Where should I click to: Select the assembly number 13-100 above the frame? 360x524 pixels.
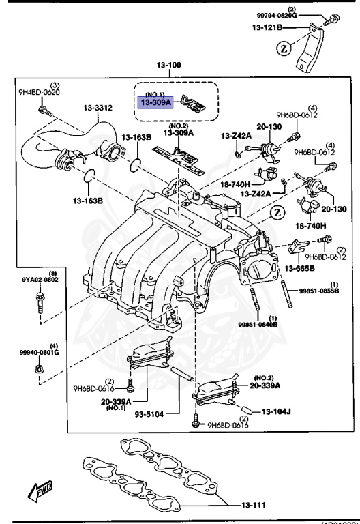click(170, 66)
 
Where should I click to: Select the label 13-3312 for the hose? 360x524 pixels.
click(97, 107)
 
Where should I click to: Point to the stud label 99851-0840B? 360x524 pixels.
click(257, 325)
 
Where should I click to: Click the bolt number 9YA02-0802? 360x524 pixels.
click(40, 280)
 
